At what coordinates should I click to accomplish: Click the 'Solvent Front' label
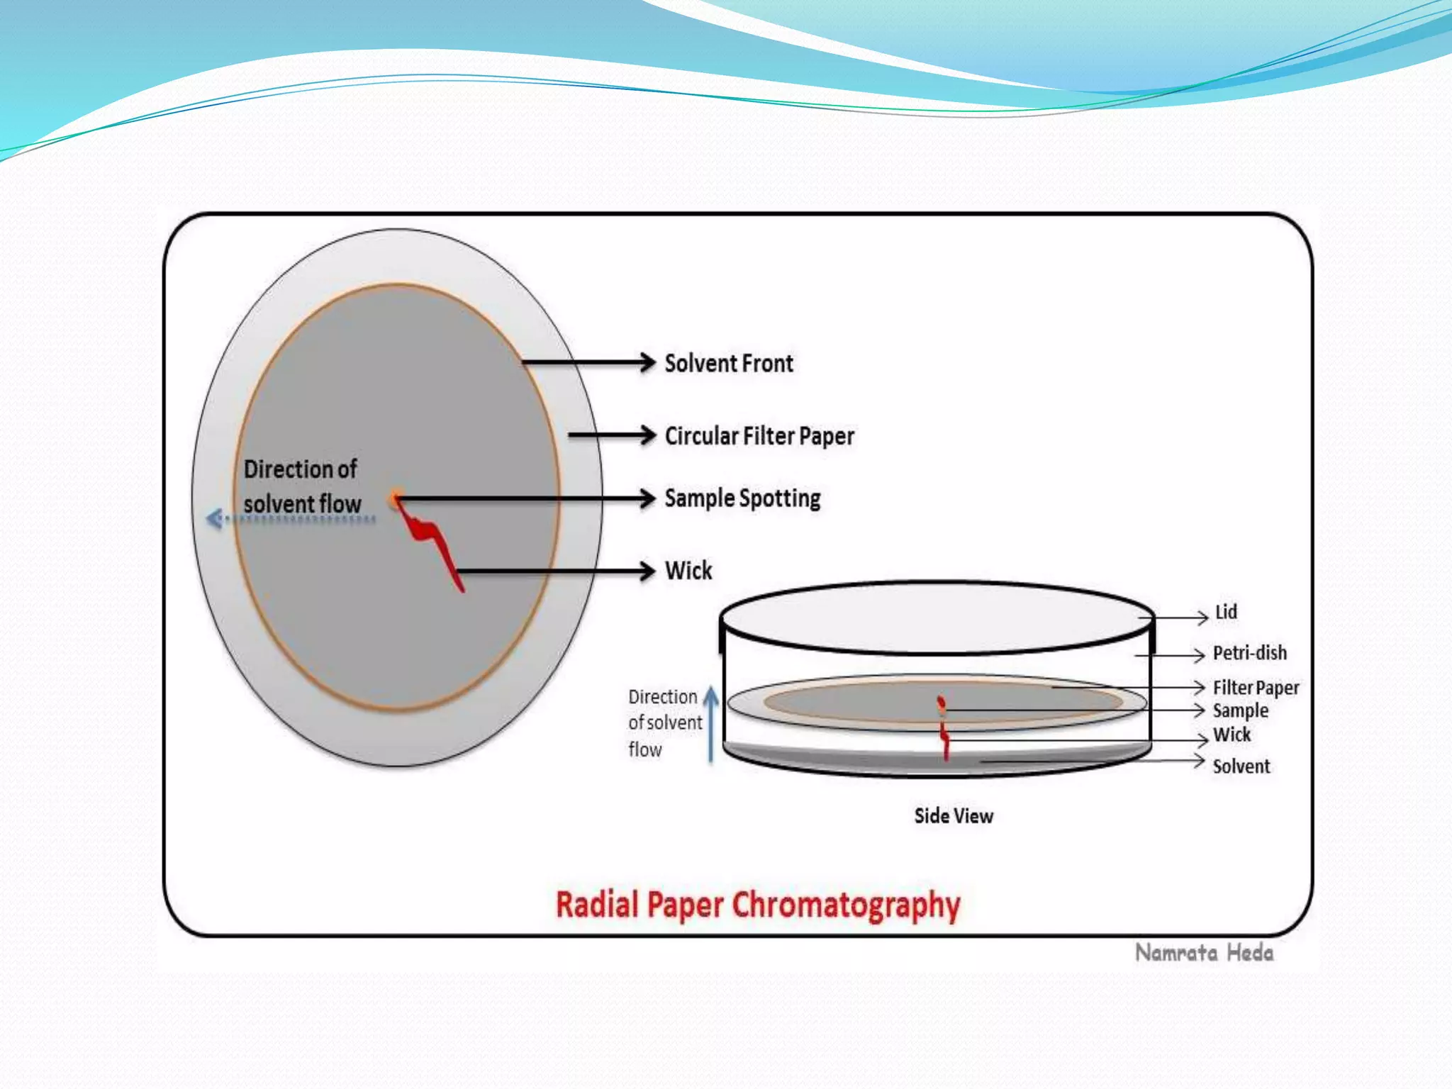point(728,364)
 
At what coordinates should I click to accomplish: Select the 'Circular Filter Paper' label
point(759,436)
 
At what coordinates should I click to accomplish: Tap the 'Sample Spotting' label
point(742,498)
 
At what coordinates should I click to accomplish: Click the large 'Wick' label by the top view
point(688,571)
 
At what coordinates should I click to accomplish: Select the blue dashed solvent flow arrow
point(291,520)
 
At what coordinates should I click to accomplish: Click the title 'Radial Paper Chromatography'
point(757,905)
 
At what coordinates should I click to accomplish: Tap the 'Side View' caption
point(953,816)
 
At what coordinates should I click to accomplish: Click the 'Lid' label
point(1226,612)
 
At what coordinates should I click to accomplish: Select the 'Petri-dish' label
point(1249,653)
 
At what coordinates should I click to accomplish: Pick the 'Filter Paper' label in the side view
point(1256,688)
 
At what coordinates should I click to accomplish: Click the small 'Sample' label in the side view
point(1240,710)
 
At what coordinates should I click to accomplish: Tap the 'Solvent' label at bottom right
point(1241,766)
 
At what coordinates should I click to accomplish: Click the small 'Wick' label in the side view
point(1232,735)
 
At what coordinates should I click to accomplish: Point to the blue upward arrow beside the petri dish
point(711,723)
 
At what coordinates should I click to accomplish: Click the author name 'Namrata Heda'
point(1204,953)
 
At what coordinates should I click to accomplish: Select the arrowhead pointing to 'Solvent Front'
point(647,362)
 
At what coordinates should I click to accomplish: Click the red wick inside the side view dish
point(945,741)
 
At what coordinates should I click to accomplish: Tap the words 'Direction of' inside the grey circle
point(300,469)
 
